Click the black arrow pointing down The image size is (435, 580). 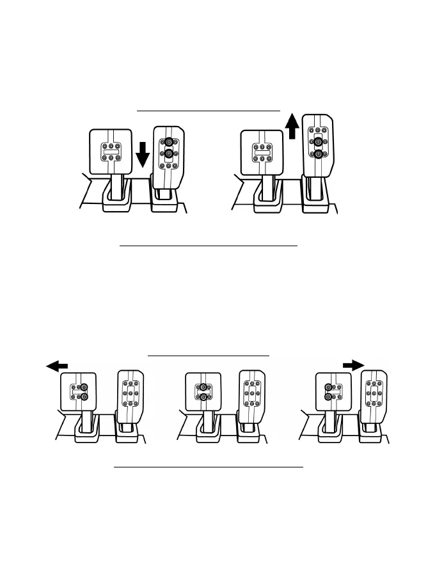(x=143, y=154)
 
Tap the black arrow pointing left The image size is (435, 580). (x=57, y=364)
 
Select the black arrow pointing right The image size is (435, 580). (x=352, y=364)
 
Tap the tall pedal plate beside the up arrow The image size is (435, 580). (x=318, y=144)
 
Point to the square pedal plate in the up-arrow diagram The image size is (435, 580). (x=261, y=152)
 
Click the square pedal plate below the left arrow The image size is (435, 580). (x=79, y=391)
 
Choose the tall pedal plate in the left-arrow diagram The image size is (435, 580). (x=130, y=394)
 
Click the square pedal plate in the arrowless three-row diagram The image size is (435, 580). (x=203, y=391)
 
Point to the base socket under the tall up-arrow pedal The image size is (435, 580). (x=315, y=200)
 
